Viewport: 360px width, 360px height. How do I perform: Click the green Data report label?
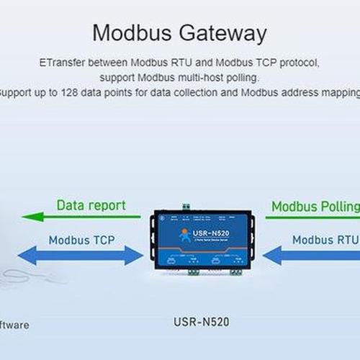(x=91, y=205)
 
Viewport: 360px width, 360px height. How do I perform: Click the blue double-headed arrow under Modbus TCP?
(x=81, y=255)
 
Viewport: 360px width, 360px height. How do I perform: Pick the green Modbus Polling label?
(x=315, y=207)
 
